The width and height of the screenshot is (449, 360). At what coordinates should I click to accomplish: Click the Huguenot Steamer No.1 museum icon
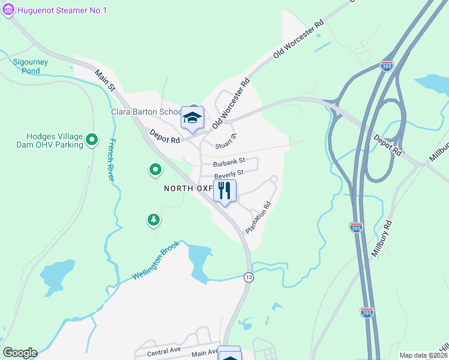tap(8, 10)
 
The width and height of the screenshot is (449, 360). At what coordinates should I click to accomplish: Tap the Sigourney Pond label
tap(27, 66)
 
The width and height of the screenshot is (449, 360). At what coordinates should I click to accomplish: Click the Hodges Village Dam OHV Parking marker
tap(92, 140)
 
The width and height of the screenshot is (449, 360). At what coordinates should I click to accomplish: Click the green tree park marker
tap(154, 220)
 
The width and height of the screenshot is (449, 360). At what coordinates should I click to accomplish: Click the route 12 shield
tap(248, 277)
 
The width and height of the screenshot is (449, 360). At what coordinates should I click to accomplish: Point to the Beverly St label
tap(228, 174)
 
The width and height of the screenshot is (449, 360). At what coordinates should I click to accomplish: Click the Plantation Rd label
tap(258, 217)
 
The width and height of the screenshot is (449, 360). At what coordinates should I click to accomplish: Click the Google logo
tap(20, 353)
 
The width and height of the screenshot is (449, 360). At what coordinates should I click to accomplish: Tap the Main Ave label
tap(205, 353)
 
